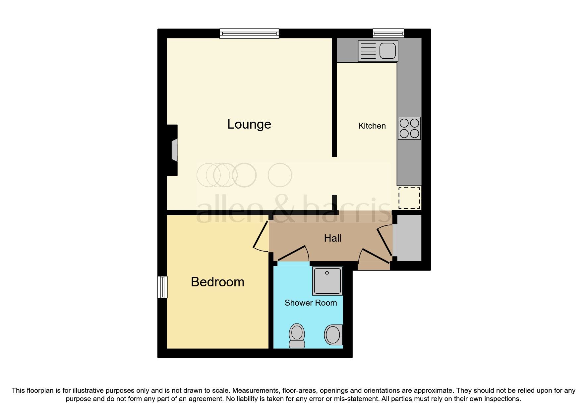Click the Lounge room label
[249, 124]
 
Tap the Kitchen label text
[372, 126]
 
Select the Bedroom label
[217, 282]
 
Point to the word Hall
[333, 238]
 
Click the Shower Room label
[311, 303]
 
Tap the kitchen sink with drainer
[378, 51]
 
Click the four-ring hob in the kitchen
[409, 128]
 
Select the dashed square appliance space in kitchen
[409, 198]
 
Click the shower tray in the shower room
[327, 281]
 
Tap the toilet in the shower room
[297, 335]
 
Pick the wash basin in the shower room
[333, 335]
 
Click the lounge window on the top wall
[249, 33]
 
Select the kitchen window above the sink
[388, 33]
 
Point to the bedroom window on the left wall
[162, 287]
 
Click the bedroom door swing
[261, 236]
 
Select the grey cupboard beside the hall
[409, 238]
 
